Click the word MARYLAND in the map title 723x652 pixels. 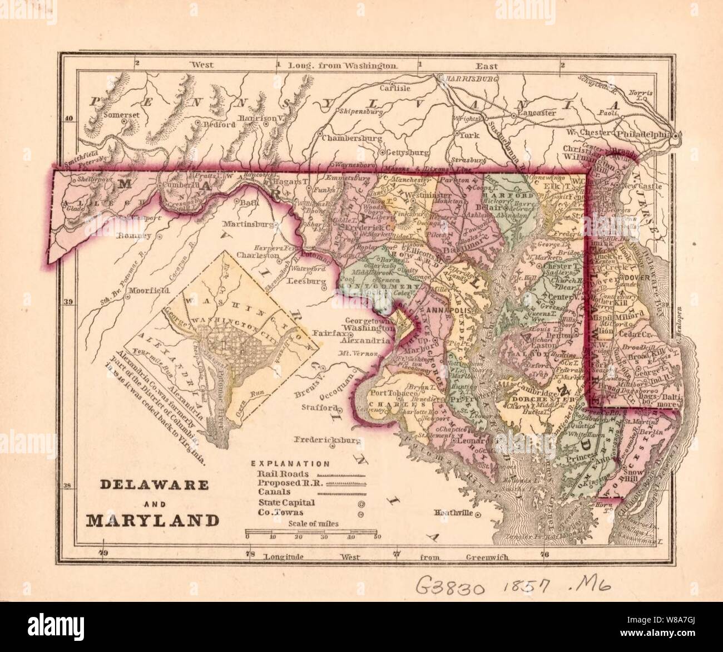[x=152, y=521]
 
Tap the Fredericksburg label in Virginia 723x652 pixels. [x=329, y=440]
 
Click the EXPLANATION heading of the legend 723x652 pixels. [x=290, y=463]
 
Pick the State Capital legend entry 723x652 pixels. [x=286, y=503]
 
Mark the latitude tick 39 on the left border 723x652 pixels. [x=69, y=302]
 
